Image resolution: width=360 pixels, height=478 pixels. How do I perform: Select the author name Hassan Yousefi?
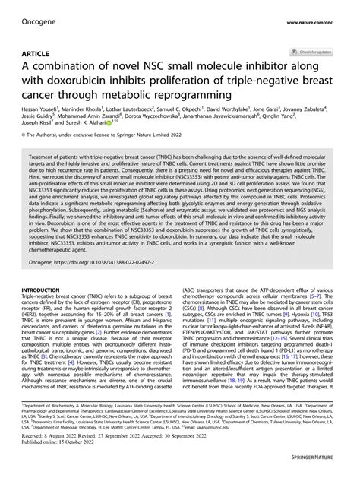click(x=30, y=109)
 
